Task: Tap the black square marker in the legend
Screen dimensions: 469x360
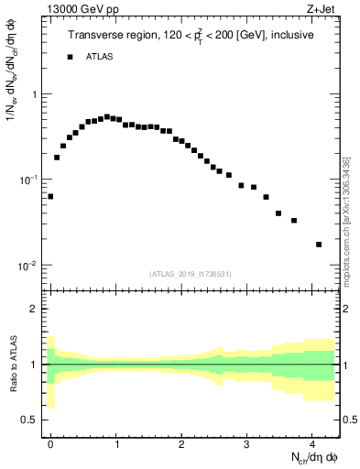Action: (x=70, y=57)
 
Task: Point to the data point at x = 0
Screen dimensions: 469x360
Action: (x=50, y=196)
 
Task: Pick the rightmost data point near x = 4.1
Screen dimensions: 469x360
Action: (x=319, y=245)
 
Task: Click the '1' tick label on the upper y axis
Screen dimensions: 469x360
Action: (x=34, y=94)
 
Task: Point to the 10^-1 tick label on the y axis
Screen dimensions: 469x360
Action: (x=29, y=180)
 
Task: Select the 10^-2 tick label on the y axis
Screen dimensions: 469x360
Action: (x=29, y=266)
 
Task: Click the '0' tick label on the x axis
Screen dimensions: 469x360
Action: (x=50, y=442)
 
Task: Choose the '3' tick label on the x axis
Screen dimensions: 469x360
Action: (x=247, y=442)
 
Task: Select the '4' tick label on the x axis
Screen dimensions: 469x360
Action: (x=312, y=442)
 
